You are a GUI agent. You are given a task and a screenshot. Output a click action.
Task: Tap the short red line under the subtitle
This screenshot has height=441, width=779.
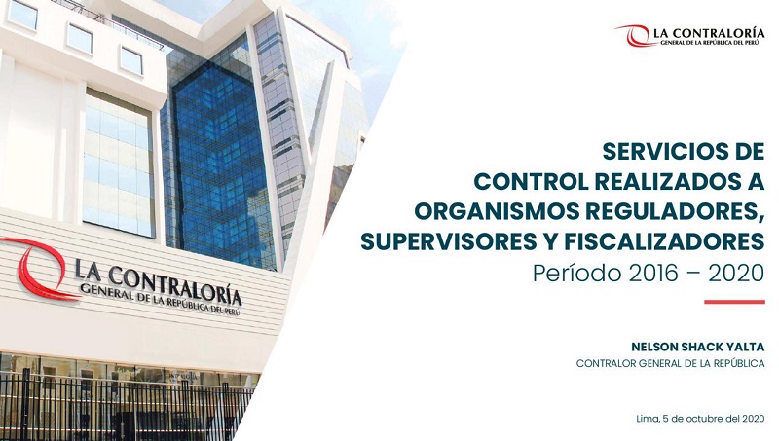[x=734, y=302]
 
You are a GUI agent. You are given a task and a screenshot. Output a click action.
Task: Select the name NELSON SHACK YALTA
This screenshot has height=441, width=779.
[x=697, y=345]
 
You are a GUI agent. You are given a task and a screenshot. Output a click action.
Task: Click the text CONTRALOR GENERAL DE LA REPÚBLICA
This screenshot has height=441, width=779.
[x=670, y=363]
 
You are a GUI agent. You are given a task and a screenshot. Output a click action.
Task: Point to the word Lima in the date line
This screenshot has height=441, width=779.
[x=647, y=419]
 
